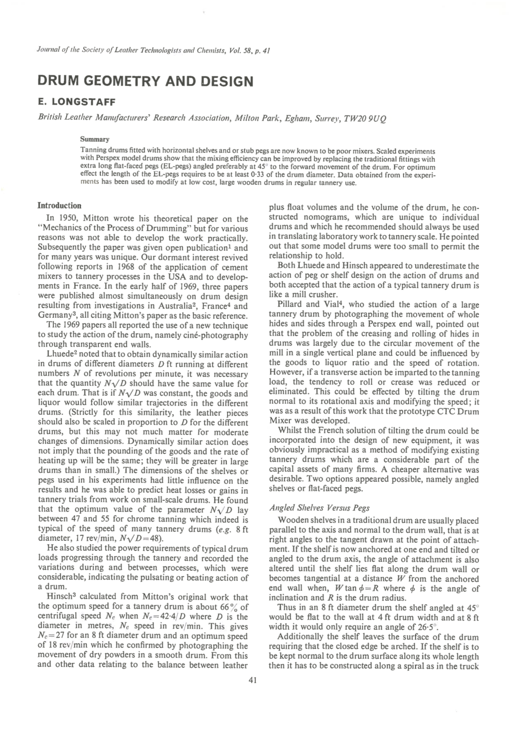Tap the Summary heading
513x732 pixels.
(x=95, y=139)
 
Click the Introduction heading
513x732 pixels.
(x=60, y=206)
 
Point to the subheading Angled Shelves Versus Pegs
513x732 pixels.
(x=319, y=508)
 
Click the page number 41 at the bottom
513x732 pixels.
(x=252, y=681)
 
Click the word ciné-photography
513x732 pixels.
(x=217, y=335)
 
